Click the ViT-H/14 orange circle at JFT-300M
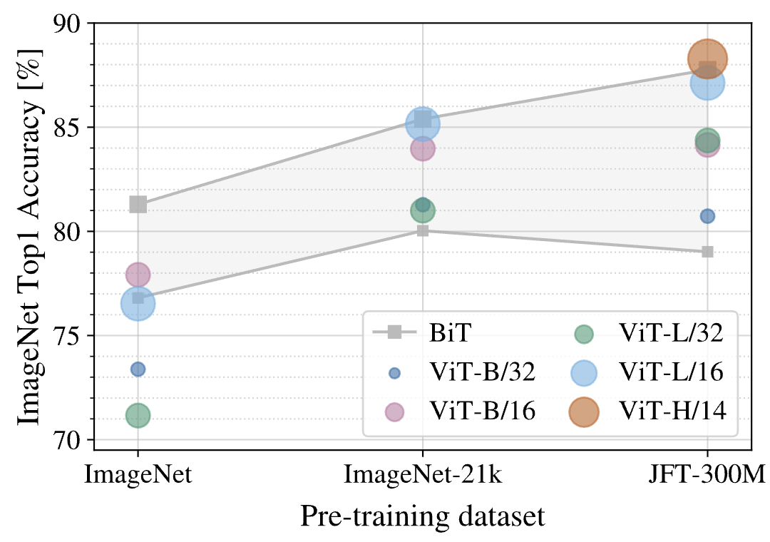point(707,59)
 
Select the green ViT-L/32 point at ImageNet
point(138,415)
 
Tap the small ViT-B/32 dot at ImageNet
point(138,369)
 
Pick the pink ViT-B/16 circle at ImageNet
point(138,274)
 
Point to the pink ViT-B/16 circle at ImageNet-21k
point(422,149)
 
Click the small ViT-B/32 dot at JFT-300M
point(707,216)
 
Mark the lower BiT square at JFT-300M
point(707,252)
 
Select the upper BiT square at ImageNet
point(138,205)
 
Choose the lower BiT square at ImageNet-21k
point(423,230)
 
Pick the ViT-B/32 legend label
point(481,372)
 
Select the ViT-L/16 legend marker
point(584,372)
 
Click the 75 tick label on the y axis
point(71,336)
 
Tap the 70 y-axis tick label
point(71,440)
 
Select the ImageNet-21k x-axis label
point(423,475)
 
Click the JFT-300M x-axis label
point(707,475)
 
